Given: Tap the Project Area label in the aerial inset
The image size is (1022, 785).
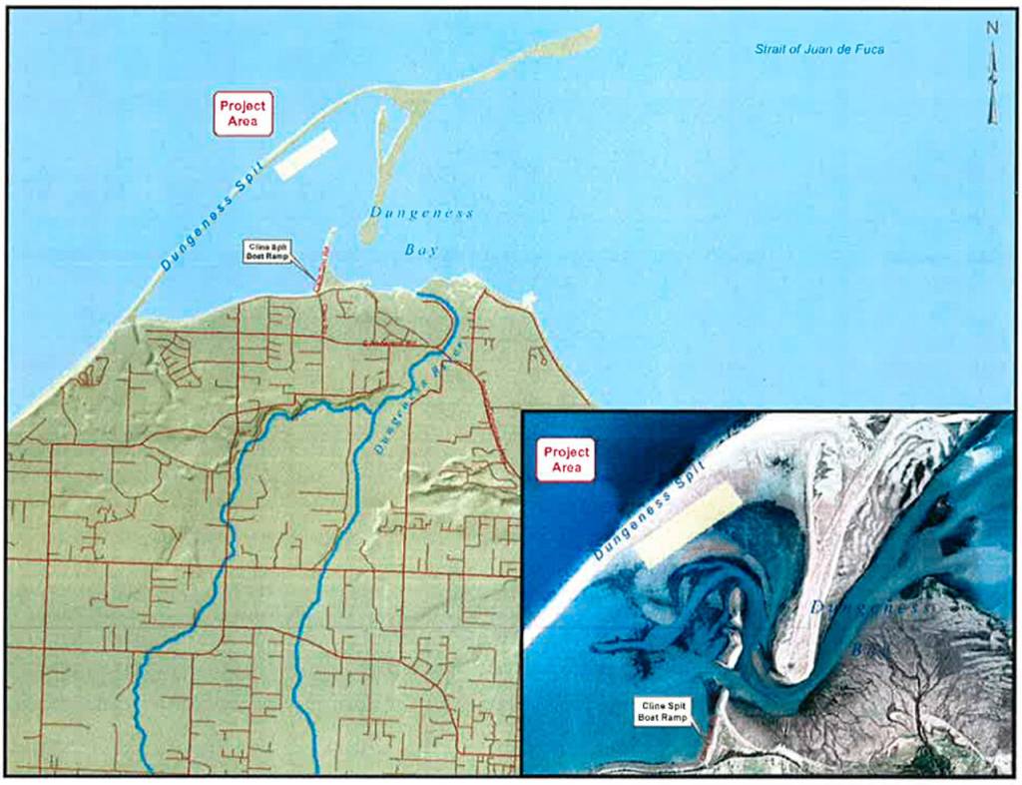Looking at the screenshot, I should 567,459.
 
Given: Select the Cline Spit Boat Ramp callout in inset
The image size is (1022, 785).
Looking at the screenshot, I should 667,711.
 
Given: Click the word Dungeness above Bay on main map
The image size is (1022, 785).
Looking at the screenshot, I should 421,212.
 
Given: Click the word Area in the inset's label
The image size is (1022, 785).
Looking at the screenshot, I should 567,468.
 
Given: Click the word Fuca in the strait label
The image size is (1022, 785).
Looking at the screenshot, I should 869,49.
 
